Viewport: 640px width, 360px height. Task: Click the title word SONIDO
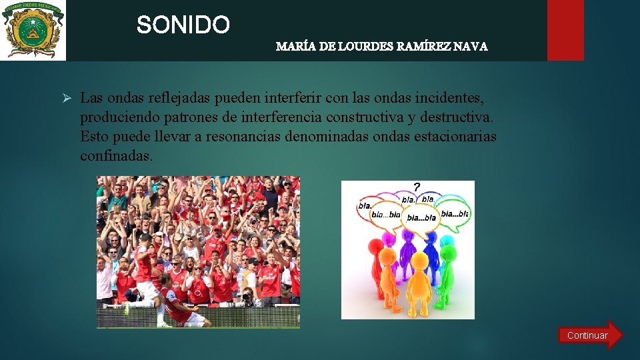pos(183,25)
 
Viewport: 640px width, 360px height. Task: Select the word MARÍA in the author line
pos(291,47)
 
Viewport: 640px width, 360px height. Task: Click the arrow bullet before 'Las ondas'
pos(67,98)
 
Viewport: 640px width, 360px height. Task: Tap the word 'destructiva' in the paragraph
pos(457,117)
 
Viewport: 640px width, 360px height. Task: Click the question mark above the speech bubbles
pos(417,187)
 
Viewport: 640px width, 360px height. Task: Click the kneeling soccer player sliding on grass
pos(180,307)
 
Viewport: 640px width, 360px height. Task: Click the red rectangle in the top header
pos(565,30)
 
